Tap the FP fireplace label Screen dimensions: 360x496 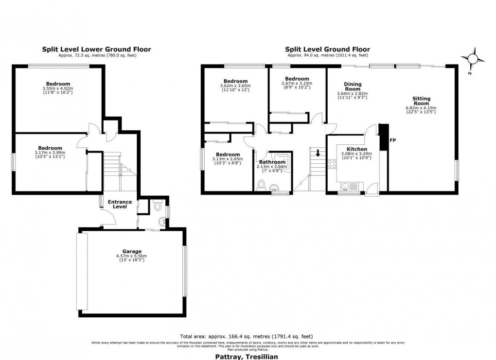pos(393,140)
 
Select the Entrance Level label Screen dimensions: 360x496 pos(120,204)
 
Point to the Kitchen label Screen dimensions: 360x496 pos(356,149)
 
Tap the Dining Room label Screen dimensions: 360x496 pos(353,86)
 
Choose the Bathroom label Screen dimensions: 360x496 pos(272,162)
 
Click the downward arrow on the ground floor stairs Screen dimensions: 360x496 pos(318,154)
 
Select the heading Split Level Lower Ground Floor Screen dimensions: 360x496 pos(96,49)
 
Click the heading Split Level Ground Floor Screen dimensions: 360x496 pos(327,49)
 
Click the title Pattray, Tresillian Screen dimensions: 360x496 pos(247,356)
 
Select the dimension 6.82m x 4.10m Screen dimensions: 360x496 pos(421,108)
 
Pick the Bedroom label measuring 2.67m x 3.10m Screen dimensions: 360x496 pos(297,79)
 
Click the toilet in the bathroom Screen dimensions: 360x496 pos(261,186)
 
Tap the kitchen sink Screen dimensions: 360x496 pos(346,186)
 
